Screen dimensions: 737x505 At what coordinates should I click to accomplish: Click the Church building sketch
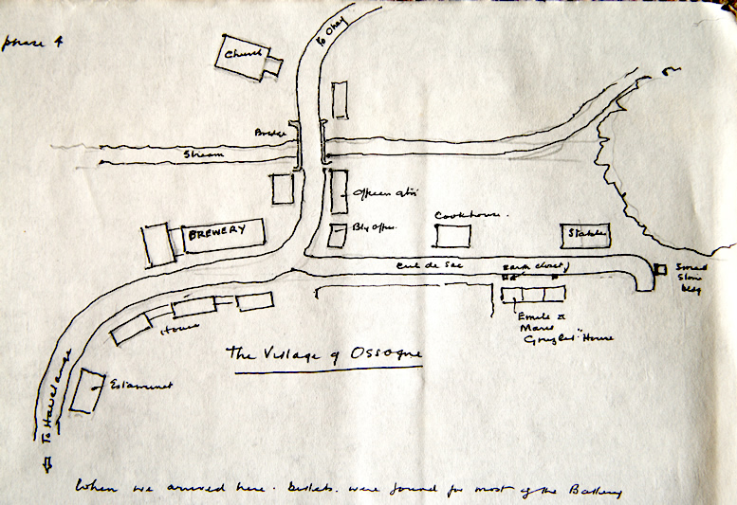click(245, 59)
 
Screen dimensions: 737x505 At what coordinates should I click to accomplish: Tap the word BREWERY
click(217, 230)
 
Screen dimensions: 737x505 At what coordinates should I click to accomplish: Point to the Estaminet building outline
click(88, 391)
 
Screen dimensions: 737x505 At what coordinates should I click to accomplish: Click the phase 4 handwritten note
click(26, 45)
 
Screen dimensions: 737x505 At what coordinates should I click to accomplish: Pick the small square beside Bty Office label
click(338, 233)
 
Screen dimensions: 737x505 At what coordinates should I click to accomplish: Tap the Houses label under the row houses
click(175, 329)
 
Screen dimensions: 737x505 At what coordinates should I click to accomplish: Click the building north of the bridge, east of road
click(340, 98)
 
